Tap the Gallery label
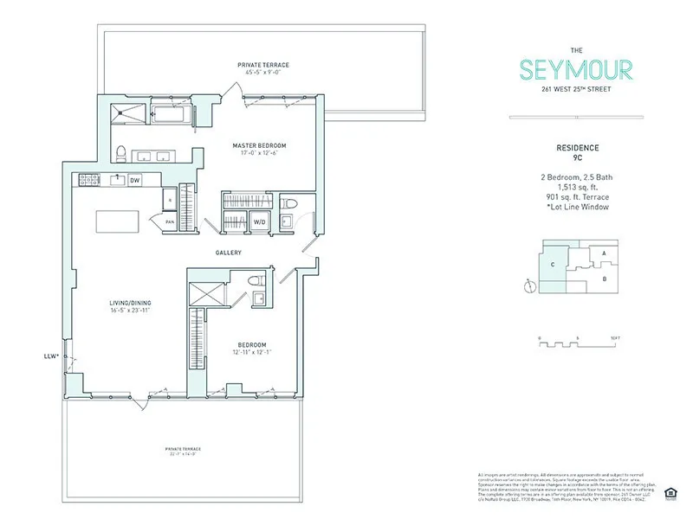coord(229,253)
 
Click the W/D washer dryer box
coord(259,221)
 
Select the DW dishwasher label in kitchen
coord(134,181)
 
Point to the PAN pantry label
coord(171,222)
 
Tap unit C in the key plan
coord(550,265)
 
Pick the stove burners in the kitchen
coord(87,180)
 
